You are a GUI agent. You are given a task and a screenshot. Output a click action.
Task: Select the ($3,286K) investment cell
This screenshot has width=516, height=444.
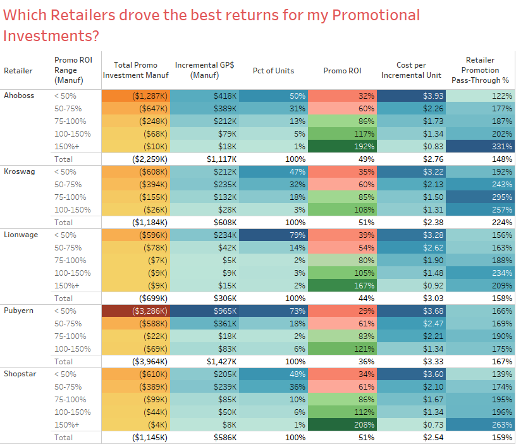click(x=135, y=311)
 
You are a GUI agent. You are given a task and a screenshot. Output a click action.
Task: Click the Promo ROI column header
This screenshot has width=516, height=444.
click(x=343, y=70)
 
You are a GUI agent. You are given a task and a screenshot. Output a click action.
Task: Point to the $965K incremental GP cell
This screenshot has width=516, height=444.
click(x=204, y=311)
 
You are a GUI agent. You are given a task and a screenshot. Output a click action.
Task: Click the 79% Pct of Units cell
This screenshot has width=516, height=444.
click(x=273, y=235)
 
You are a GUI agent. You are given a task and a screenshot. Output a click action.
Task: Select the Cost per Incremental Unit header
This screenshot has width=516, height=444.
click(x=411, y=70)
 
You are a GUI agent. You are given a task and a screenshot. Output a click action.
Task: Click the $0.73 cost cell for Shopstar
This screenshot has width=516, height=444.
click(x=411, y=424)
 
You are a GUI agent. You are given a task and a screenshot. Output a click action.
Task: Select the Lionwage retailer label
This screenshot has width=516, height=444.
click(x=20, y=235)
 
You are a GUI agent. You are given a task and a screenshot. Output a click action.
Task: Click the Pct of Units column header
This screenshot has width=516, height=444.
click(x=273, y=70)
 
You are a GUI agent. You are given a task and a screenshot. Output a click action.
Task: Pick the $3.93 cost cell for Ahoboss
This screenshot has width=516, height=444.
click(x=411, y=96)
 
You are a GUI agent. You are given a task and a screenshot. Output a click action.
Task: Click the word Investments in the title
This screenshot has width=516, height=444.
click(x=51, y=35)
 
